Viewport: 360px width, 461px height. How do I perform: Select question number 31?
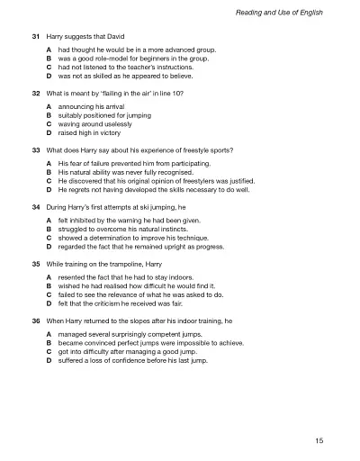click(35, 36)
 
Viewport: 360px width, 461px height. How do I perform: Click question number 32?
click(35, 94)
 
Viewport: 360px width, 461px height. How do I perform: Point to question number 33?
click(35, 149)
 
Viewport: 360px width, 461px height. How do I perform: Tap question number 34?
click(35, 206)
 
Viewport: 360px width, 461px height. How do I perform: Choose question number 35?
click(35, 263)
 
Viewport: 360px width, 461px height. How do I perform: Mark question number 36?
click(35, 320)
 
